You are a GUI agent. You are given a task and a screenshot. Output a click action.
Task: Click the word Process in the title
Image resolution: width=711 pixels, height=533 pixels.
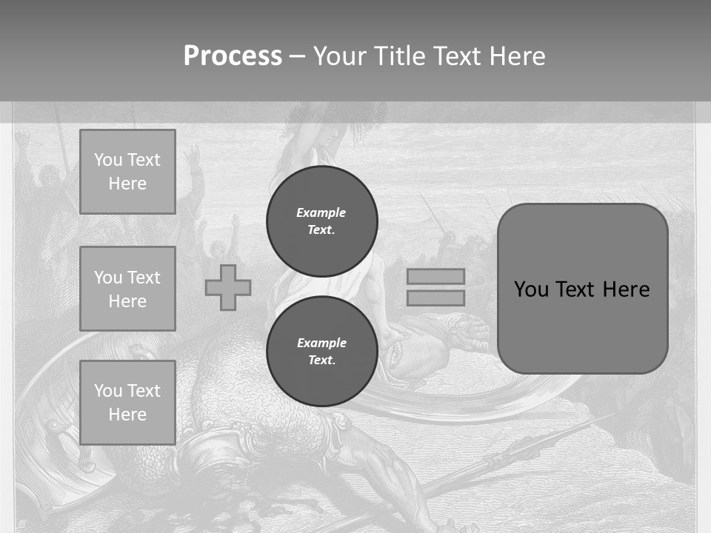tap(233, 56)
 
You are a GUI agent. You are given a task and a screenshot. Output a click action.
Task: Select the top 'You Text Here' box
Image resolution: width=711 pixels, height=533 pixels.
tap(127, 172)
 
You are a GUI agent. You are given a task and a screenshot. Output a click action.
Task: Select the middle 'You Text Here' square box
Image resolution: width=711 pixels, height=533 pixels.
tap(127, 289)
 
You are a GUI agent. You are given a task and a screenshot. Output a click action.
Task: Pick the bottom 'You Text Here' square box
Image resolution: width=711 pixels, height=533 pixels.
tap(127, 403)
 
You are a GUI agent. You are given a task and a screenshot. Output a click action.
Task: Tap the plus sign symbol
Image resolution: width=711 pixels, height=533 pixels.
tap(228, 287)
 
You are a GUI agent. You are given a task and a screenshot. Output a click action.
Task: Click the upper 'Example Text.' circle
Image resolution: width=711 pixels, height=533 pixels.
tap(321, 221)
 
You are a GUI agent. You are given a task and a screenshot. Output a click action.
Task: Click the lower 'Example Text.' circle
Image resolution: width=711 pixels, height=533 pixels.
tap(321, 351)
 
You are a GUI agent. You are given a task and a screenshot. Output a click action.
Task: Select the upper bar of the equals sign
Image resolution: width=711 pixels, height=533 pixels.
tap(435, 276)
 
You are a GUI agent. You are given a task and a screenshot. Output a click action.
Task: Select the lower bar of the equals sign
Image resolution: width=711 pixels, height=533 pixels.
tap(435, 298)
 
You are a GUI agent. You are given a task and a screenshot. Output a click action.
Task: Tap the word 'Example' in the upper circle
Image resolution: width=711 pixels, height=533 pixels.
tap(321, 212)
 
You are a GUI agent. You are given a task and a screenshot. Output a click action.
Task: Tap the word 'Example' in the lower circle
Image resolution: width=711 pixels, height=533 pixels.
tap(321, 343)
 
